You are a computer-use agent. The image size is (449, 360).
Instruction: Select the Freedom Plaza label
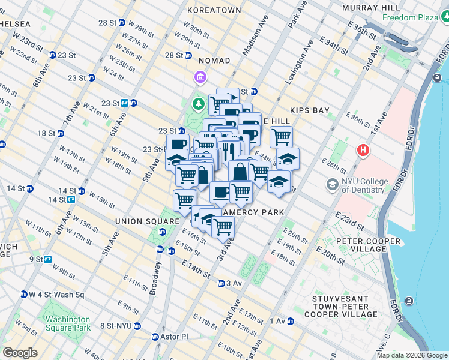pyautogui.click(x=415, y=17)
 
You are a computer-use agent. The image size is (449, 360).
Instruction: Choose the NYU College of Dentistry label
pyautogui.click(x=363, y=185)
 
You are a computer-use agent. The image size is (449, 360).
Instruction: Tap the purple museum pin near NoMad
pyautogui.click(x=199, y=77)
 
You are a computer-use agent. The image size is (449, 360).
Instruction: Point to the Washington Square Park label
pyautogui.click(x=68, y=323)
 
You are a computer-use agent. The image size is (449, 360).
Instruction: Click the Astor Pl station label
pyautogui.click(x=174, y=337)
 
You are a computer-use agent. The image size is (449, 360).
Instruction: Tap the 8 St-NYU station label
pyautogui.click(x=118, y=326)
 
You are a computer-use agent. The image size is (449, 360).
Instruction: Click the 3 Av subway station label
pyautogui.click(x=233, y=283)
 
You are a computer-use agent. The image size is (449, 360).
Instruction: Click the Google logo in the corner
pyautogui.click(x=20, y=353)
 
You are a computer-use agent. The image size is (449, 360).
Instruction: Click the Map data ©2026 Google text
pyautogui.click(x=412, y=355)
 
